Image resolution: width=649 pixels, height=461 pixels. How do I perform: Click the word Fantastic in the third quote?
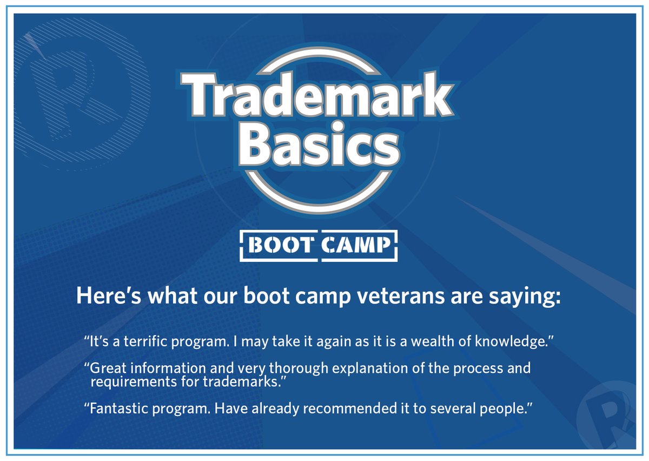pos(115,409)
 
